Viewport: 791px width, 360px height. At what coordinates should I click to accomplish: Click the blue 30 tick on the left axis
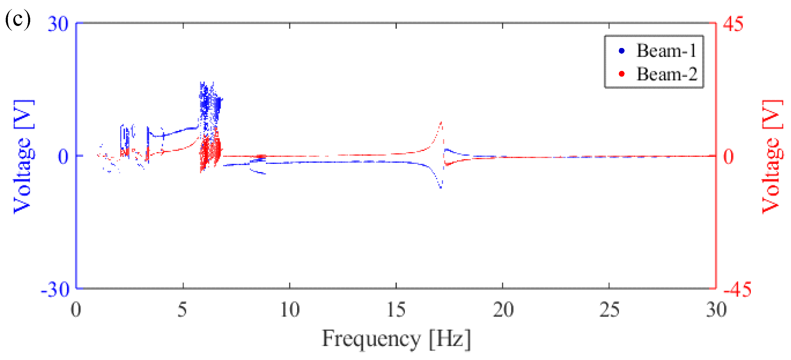pyautogui.click(x=58, y=24)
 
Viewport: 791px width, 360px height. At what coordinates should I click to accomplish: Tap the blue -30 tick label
pyautogui.click(x=56, y=289)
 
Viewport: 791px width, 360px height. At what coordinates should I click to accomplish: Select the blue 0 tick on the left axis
pyautogui.click(x=63, y=157)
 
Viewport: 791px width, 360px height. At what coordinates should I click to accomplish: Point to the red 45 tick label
pyautogui.click(x=733, y=24)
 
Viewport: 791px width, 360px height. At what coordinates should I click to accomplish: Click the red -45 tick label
pyautogui.click(x=737, y=289)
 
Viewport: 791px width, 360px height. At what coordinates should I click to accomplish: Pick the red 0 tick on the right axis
pyautogui.click(x=729, y=157)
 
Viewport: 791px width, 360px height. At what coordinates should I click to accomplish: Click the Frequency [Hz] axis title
pyautogui.click(x=396, y=339)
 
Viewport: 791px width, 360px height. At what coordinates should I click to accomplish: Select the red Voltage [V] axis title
pyautogui.click(x=773, y=157)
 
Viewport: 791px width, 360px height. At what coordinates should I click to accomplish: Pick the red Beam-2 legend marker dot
pyautogui.click(x=622, y=74)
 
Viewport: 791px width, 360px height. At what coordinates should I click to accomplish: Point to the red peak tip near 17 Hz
pyautogui.click(x=441, y=123)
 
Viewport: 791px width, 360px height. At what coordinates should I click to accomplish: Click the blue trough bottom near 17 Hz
pyautogui.click(x=441, y=187)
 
